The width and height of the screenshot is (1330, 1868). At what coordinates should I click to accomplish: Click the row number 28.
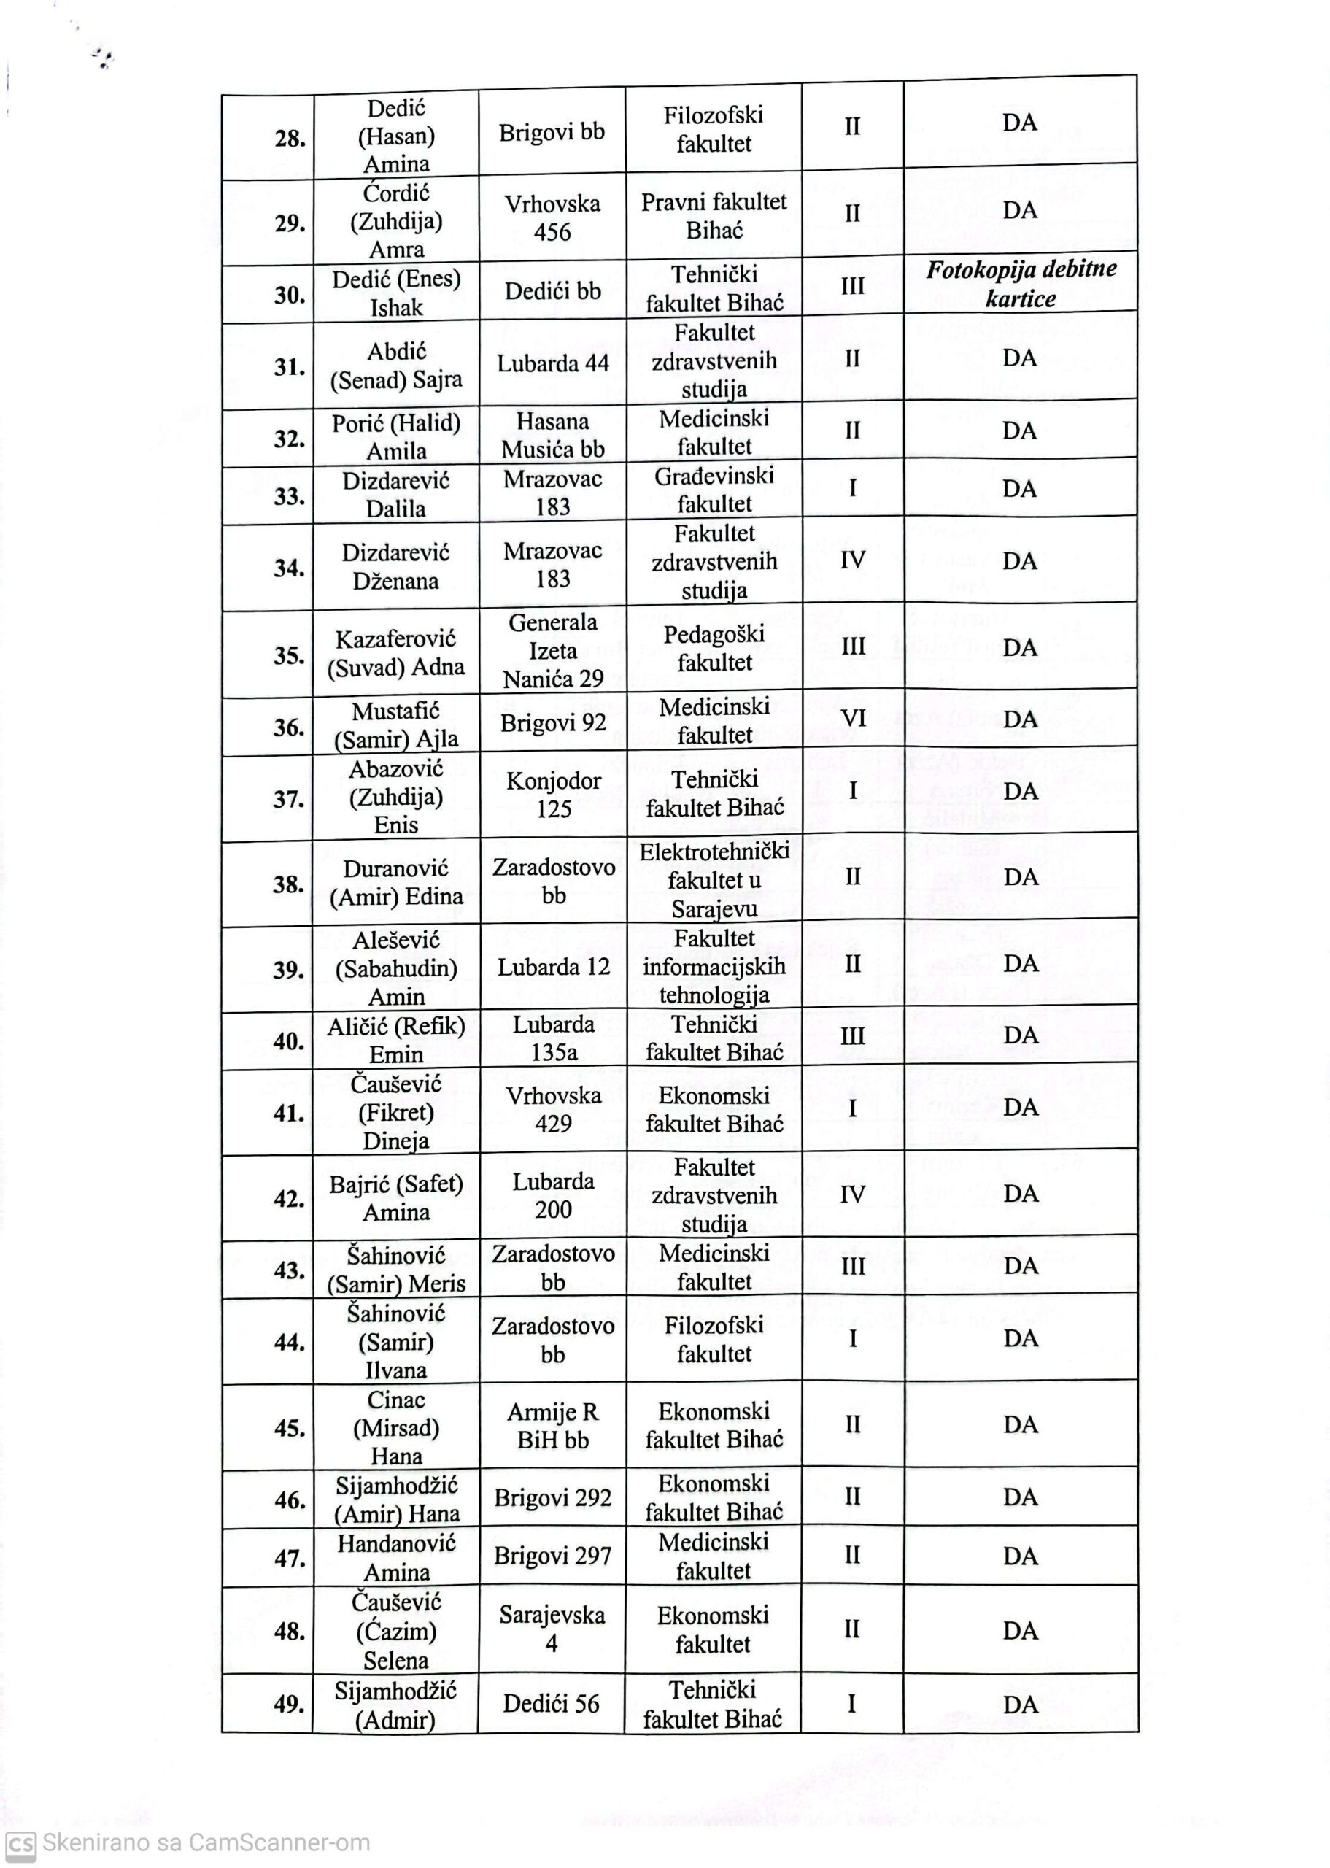click(x=290, y=139)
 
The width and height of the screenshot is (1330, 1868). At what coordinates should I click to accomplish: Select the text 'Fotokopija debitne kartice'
click(x=1021, y=284)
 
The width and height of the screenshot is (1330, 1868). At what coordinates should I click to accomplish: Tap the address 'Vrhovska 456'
click(x=552, y=218)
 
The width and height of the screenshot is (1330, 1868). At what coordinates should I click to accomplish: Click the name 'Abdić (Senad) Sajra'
click(x=395, y=366)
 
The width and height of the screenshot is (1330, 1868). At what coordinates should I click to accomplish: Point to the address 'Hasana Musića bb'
click(x=552, y=435)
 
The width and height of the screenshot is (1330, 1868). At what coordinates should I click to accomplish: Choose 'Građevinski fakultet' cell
click(x=714, y=490)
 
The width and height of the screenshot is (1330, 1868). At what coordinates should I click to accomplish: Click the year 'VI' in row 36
click(x=853, y=719)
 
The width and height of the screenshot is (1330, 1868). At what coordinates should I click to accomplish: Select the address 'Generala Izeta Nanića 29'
click(x=553, y=650)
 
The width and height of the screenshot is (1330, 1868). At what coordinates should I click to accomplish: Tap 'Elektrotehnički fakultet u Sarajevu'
click(x=714, y=880)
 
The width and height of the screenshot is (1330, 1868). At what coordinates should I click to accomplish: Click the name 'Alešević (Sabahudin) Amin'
click(x=395, y=968)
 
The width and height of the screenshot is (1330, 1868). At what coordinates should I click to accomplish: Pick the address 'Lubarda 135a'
click(x=553, y=1038)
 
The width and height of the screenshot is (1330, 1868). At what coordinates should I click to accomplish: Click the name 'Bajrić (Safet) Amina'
click(x=395, y=1197)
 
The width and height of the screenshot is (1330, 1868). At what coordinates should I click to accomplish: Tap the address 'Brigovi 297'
click(x=552, y=1555)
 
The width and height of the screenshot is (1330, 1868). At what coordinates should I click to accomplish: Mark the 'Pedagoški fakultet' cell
click(x=714, y=648)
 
